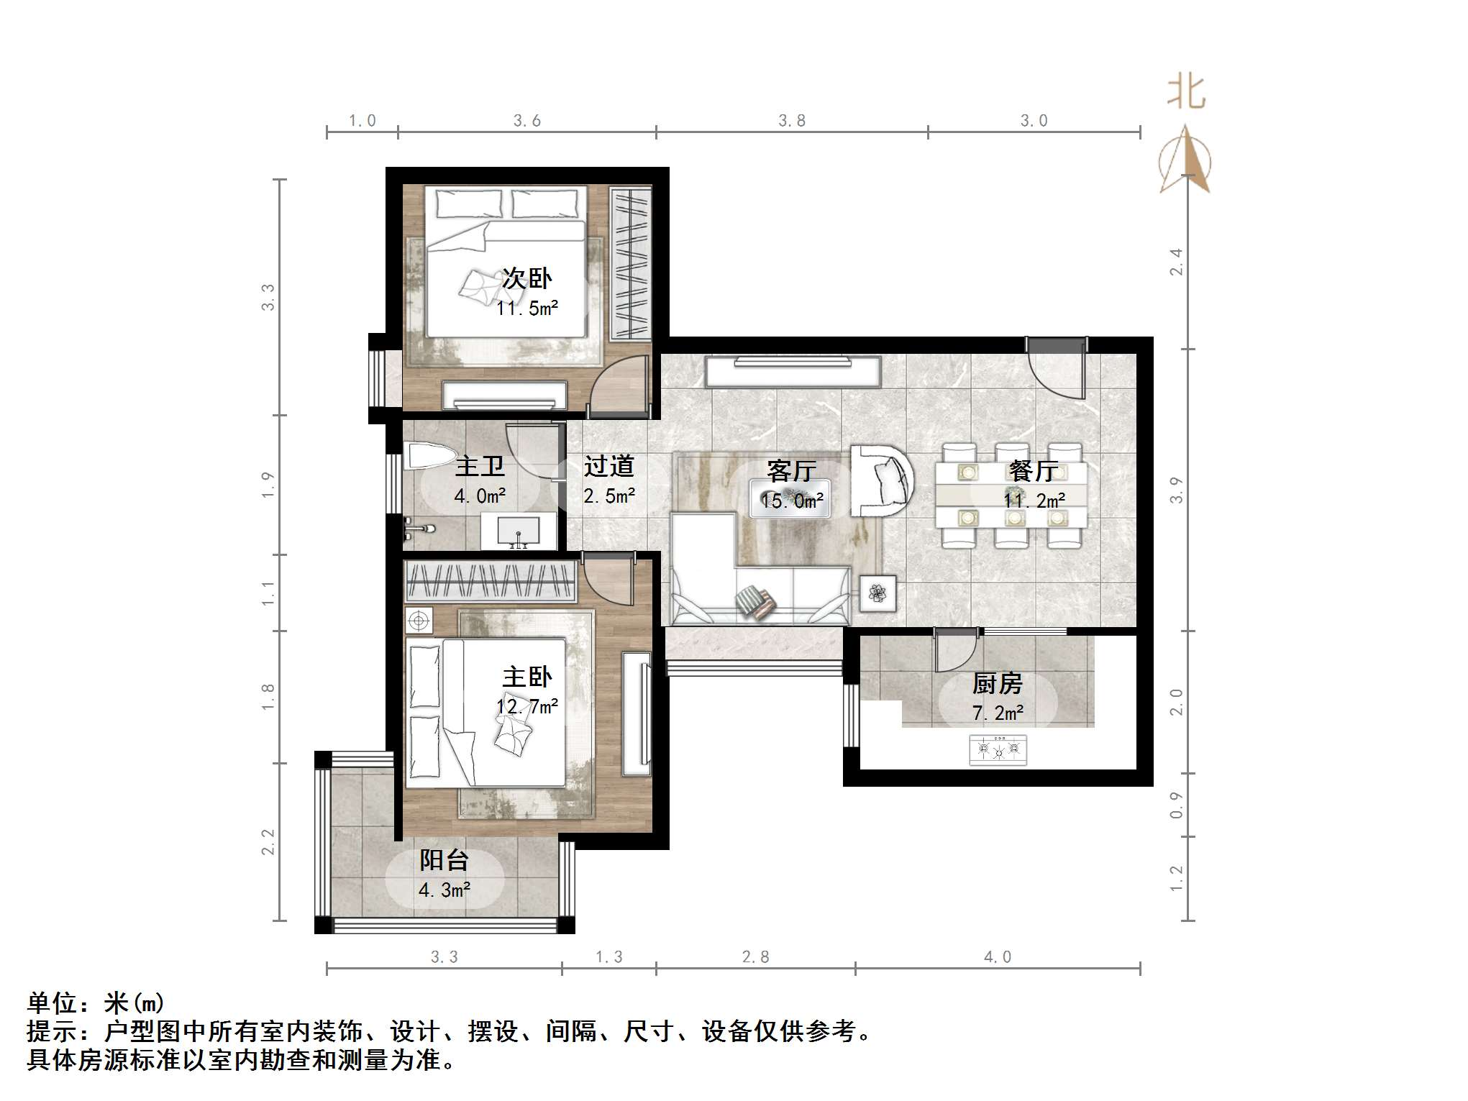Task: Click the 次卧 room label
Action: pos(526,278)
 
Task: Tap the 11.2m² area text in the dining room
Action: pos(1034,500)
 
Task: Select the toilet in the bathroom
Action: pos(429,457)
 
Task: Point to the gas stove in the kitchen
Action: pos(998,750)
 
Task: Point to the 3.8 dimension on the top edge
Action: pos(791,121)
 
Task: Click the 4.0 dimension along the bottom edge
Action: pos(998,957)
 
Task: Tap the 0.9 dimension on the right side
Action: pos(1177,805)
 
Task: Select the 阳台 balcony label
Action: pos(444,859)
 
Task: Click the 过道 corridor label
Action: pos(608,466)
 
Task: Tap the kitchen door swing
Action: pos(954,651)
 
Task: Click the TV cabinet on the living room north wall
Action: pos(792,371)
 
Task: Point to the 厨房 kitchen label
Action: pos(997,683)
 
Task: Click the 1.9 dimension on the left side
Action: pos(268,485)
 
